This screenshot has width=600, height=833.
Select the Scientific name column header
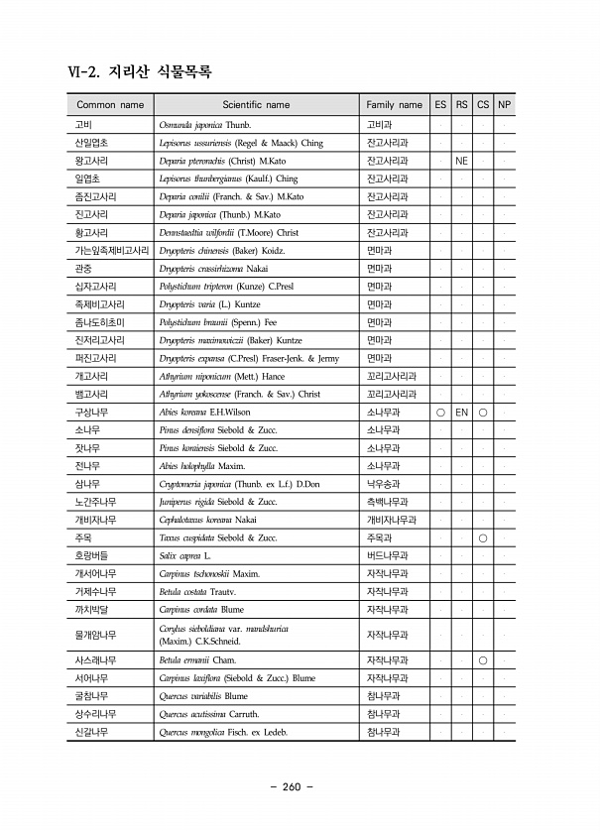pyautogui.click(x=256, y=104)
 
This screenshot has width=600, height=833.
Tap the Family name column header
pyautogui.click(x=394, y=104)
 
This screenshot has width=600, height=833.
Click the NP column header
pyautogui.click(x=504, y=104)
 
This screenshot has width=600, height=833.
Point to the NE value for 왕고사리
pyautogui.click(x=461, y=161)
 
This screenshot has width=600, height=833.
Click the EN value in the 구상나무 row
pyautogui.click(x=461, y=412)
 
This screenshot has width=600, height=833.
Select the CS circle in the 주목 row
pyautogui.click(x=483, y=537)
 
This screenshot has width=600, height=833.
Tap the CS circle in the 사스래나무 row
pyautogui.click(x=483, y=660)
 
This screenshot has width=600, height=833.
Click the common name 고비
pyautogui.click(x=83, y=126)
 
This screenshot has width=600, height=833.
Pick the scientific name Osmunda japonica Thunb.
pyautogui.click(x=205, y=126)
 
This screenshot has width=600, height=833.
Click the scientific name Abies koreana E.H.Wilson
pyautogui.click(x=204, y=412)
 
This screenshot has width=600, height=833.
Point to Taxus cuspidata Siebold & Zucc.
pyautogui.click(x=218, y=537)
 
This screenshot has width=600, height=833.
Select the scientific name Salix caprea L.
pyautogui.click(x=185, y=555)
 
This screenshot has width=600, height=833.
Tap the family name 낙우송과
pyautogui.click(x=383, y=484)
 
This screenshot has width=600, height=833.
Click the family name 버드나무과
pyautogui.click(x=387, y=555)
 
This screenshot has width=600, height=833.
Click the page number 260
pyautogui.click(x=291, y=787)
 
